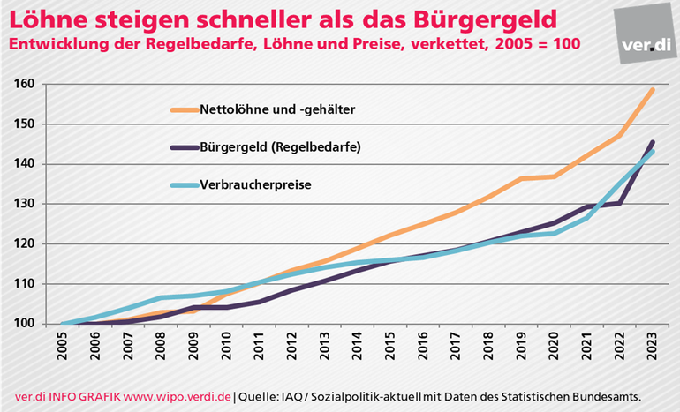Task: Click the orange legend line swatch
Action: coord(188,110)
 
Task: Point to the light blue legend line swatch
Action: coord(188,185)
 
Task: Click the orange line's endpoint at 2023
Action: coord(654,89)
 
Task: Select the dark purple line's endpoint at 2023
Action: coord(654,142)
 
